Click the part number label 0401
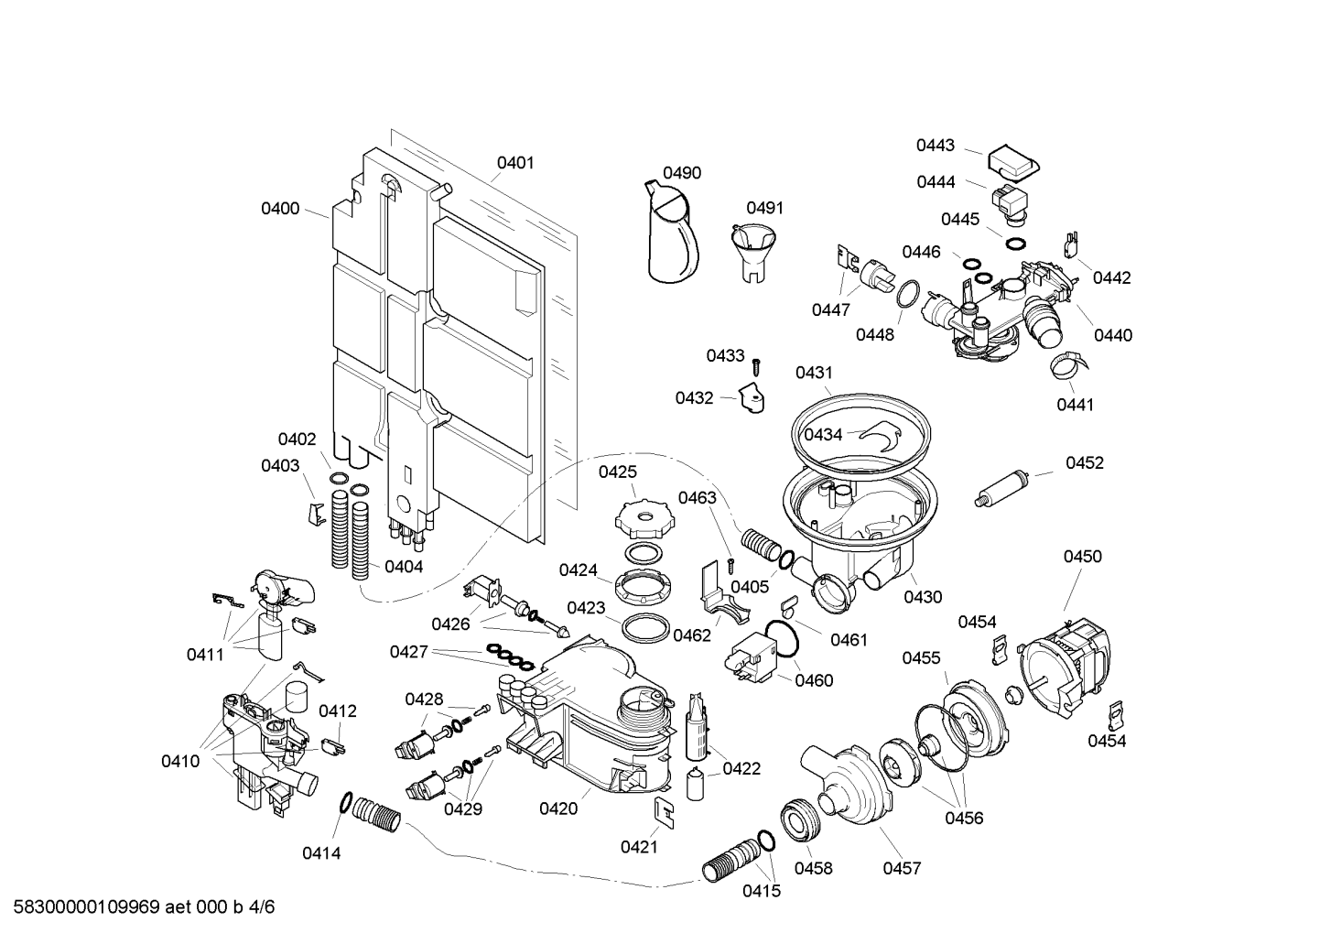[x=515, y=163]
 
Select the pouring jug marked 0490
[x=673, y=233]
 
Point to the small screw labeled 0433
[x=757, y=366]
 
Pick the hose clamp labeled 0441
[x=1066, y=365]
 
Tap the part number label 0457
[x=902, y=868]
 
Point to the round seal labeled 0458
[x=798, y=820]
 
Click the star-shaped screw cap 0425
[x=646, y=519]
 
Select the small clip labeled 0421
[x=663, y=811]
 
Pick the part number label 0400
[x=280, y=209]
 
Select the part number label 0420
[x=557, y=808]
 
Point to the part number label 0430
[x=923, y=597]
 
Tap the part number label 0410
[x=180, y=761]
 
